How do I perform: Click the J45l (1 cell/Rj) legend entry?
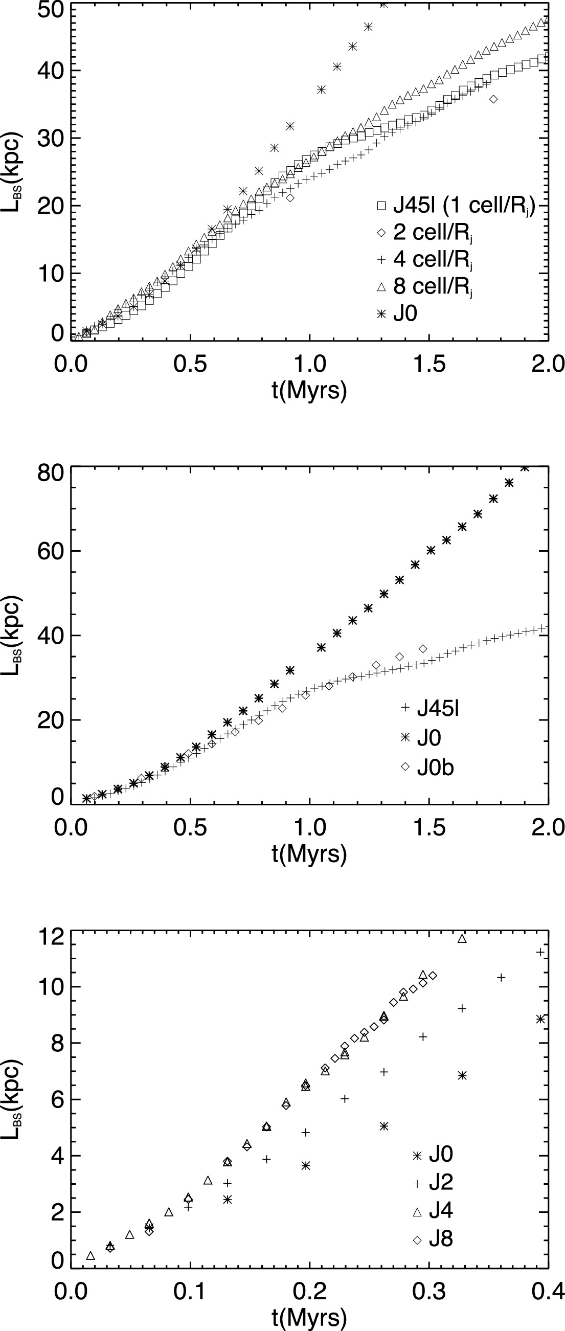pos(457,206)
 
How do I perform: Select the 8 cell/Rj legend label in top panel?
pos(433,286)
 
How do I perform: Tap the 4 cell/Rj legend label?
pos(433,259)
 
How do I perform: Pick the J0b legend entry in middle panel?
pos(435,768)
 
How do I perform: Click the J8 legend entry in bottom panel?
pos(441,1239)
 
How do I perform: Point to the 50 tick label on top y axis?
pos(50,10)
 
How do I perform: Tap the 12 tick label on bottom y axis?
pos(50,937)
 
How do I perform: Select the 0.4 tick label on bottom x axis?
pos(548,1292)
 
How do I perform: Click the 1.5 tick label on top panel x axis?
pos(428,364)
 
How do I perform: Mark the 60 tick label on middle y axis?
pos(50,551)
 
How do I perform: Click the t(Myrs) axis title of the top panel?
pos(309,391)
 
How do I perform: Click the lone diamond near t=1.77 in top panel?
pos(493,99)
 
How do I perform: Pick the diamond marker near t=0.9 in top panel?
pos(290,197)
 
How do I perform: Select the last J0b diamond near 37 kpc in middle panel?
pos(423,648)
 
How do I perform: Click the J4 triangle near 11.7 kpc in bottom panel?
pos(462,939)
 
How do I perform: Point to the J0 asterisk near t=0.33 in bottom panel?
pos(462,1075)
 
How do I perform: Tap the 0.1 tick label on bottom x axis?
pos(190,1292)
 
